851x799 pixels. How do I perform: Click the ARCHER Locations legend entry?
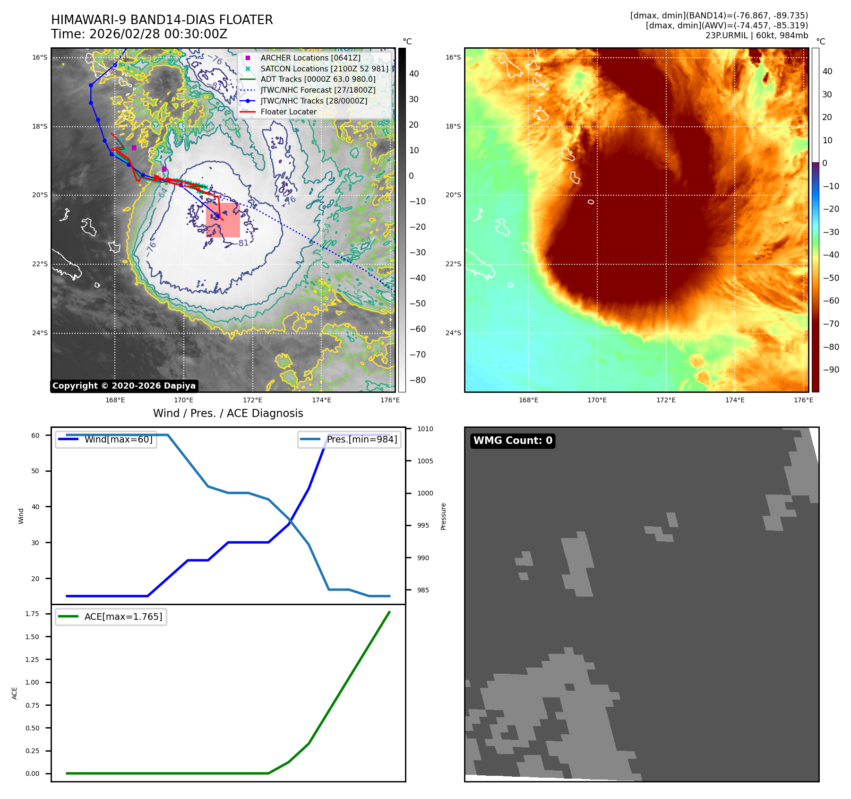click(310, 58)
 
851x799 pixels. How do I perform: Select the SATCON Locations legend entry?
click(324, 69)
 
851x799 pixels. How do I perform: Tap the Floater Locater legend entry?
click(288, 112)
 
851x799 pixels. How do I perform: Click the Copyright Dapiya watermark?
click(124, 386)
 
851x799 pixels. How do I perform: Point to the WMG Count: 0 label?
click(513, 441)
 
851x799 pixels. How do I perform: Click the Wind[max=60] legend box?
click(106, 440)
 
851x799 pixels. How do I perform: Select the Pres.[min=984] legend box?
click(350, 440)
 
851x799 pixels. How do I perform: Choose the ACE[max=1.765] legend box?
click(111, 617)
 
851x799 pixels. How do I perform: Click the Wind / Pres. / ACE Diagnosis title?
click(228, 413)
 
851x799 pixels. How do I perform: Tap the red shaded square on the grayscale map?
click(223, 220)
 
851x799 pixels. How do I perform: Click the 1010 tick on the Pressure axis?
click(425, 429)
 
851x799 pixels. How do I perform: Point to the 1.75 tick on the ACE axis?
click(32, 614)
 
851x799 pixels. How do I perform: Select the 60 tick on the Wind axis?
click(35, 435)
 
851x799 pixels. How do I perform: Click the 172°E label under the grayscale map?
click(252, 400)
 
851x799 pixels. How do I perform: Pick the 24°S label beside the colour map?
click(453, 333)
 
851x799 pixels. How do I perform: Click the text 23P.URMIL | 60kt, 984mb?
click(756, 35)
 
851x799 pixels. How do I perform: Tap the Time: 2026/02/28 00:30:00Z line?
click(139, 35)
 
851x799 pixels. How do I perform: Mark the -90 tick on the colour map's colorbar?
click(831, 370)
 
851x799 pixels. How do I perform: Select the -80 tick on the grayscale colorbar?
click(417, 380)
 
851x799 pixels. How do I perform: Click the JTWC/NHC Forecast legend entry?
click(318, 90)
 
